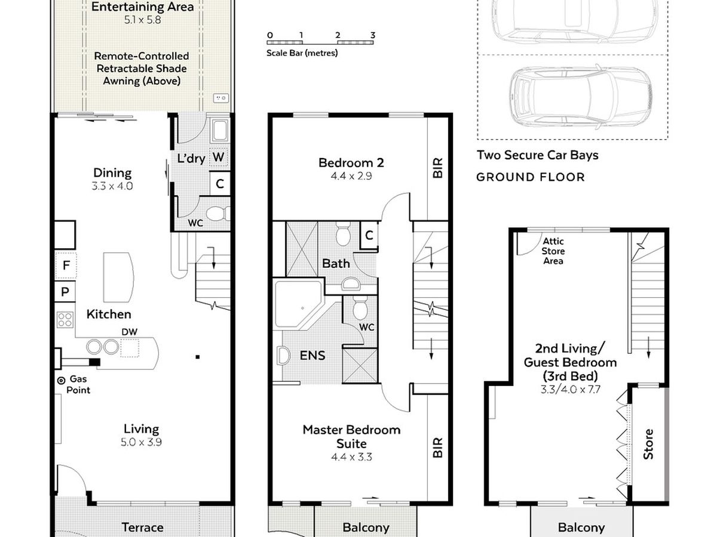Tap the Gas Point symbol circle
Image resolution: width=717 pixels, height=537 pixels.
pyautogui.click(x=61, y=380)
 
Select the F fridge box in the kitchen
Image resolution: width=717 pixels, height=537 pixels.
pyautogui.click(x=65, y=266)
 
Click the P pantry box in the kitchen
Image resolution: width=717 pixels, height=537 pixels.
pyautogui.click(x=65, y=292)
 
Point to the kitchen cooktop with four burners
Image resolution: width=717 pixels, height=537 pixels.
pyautogui.click(x=65, y=319)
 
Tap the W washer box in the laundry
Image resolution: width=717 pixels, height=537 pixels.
pyautogui.click(x=219, y=157)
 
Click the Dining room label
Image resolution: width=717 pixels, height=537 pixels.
pyautogui.click(x=112, y=173)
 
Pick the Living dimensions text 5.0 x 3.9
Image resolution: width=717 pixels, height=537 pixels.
pyautogui.click(x=142, y=442)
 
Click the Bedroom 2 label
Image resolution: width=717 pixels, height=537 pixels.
pyautogui.click(x=351, y=162)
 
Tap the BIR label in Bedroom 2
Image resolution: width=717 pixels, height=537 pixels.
pyautogui.click(x=438, y=169)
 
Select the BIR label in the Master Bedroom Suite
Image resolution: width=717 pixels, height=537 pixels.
pyautogui.click(x=438, y=447)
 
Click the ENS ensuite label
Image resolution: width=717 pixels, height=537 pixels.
pyautogui.click(x=312, y=356)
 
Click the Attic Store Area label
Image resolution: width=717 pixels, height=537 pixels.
pyautogui.click(x=553, y=251)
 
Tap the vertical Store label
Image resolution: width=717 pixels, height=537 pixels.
pyautogui.click(x=648, y=445)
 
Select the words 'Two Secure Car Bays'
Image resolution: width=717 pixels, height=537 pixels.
pyautogui.click(x=537, y=156)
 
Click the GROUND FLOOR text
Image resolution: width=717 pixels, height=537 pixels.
pyautogui.click(x=530, y=177)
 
